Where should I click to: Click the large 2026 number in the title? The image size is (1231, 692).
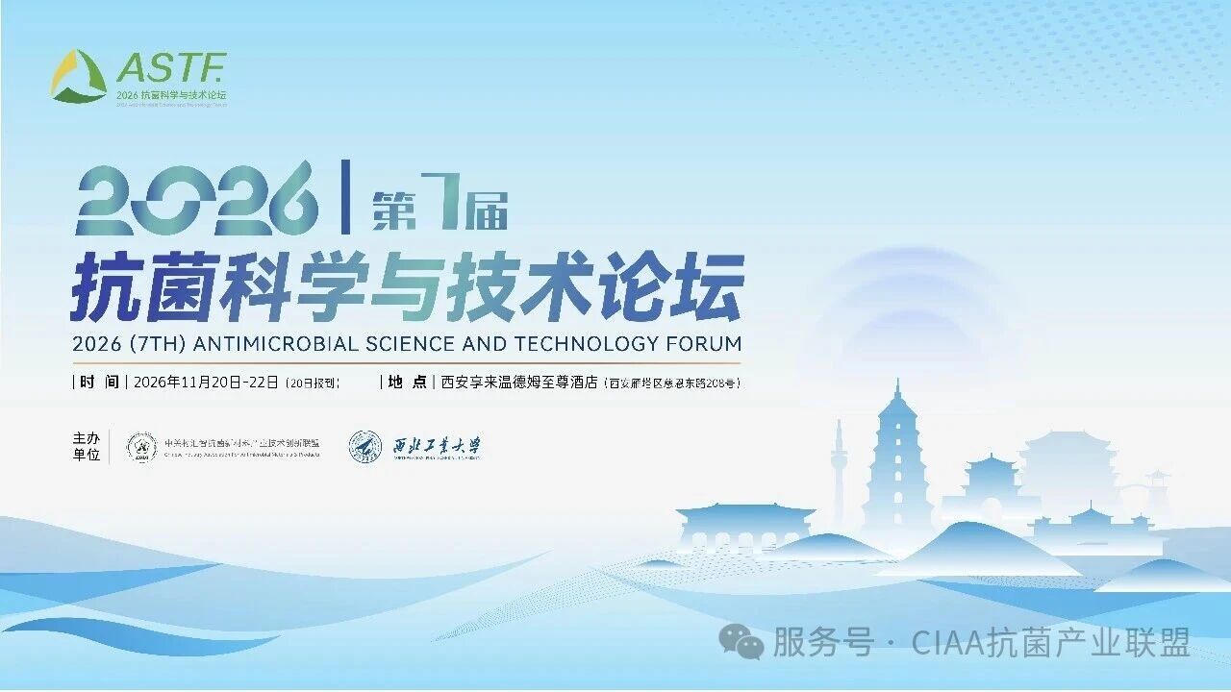coord(197,199)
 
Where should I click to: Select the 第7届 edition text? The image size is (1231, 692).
coord(440,209)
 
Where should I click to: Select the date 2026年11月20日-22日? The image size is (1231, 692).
coord(207,382)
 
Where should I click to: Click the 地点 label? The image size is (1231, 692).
coord(408,382)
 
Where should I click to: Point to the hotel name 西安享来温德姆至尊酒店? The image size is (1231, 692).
coord(519,382)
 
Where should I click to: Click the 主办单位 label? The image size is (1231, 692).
coord(87,447)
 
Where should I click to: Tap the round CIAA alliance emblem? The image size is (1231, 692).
coord(142,447)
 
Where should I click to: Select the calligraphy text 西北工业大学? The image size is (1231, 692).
coord(438,447)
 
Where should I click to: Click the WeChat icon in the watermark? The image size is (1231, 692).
coord(742,641)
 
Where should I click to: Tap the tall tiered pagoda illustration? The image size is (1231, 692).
coord(896,461)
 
